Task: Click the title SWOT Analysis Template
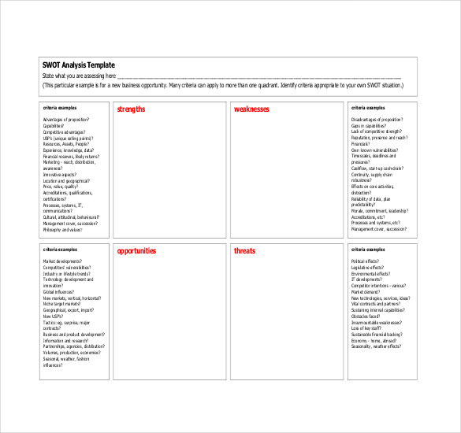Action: coord(78,65)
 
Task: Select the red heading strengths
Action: coord(131,109)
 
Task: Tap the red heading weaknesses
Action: coord(251,109)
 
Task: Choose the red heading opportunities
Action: coord(136,251)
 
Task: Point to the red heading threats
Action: coord(244,251)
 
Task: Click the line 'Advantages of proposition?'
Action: coord(65,119)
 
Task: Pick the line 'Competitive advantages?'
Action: coord(64,131)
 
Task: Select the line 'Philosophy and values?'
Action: coord(62,230)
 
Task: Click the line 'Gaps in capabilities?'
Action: coord(369,125)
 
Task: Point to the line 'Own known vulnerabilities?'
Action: coord(374,149)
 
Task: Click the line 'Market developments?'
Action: coord(62,261)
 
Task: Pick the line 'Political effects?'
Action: coord(365,261)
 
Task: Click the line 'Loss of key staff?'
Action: coord(366,328)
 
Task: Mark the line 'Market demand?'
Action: coord(365,291)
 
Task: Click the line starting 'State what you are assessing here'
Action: coord(80,76)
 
